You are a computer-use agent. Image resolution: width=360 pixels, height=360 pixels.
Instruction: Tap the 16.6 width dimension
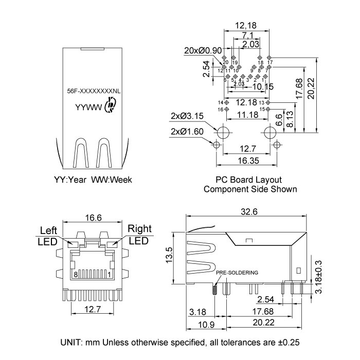pos(93,218)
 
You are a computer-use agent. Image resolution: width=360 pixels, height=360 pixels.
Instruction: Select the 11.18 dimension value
pos(247,115)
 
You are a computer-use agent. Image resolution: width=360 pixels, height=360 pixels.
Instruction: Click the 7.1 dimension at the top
pos(247,35)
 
